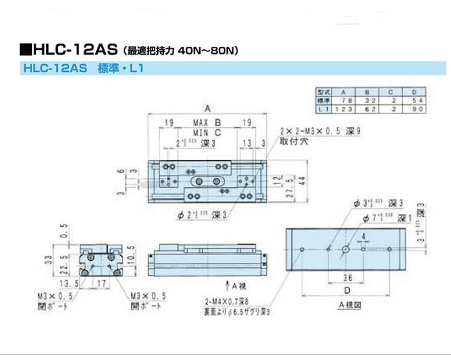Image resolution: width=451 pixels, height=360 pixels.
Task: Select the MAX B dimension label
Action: (207, 123)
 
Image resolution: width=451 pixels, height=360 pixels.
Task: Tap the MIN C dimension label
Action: (207, 133)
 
